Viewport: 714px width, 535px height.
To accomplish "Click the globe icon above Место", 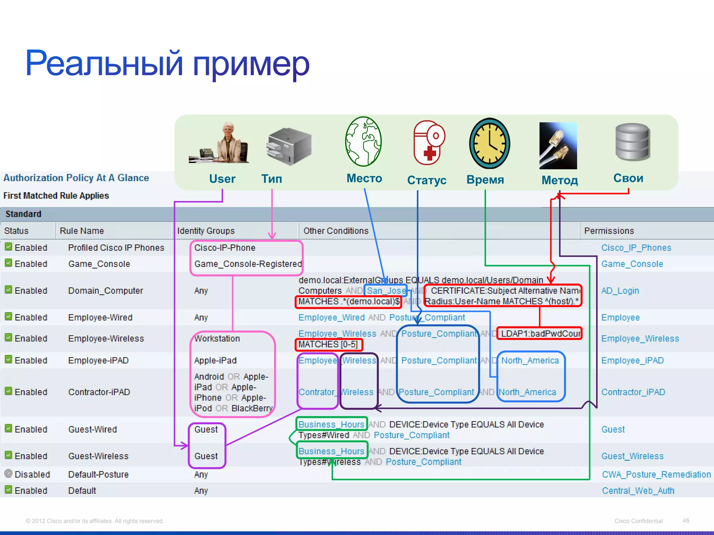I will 363,141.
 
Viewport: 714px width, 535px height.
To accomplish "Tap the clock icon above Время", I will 489,144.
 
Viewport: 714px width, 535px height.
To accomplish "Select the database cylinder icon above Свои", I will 632,142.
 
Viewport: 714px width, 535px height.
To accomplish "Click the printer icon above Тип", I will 289,146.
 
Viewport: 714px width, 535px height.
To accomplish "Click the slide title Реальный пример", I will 167,63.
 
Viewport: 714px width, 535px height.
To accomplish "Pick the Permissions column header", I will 609,231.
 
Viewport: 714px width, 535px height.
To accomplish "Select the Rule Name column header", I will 82,231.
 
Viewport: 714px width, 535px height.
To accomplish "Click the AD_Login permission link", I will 620,291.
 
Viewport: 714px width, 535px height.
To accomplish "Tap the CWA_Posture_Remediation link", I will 656,474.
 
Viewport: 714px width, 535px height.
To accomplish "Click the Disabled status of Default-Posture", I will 32,474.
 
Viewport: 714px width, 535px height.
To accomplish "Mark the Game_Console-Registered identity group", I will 248,264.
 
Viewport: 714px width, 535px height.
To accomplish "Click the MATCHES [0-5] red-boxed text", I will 328,344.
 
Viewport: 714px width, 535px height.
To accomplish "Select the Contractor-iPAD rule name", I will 99,392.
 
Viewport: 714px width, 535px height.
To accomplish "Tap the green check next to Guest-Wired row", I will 9,428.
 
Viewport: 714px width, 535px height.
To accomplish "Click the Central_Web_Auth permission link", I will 638,491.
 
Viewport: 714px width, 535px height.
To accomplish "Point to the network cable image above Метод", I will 558,146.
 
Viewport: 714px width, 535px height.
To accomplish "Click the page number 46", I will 685,521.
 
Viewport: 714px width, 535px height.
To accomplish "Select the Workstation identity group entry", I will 217,339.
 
